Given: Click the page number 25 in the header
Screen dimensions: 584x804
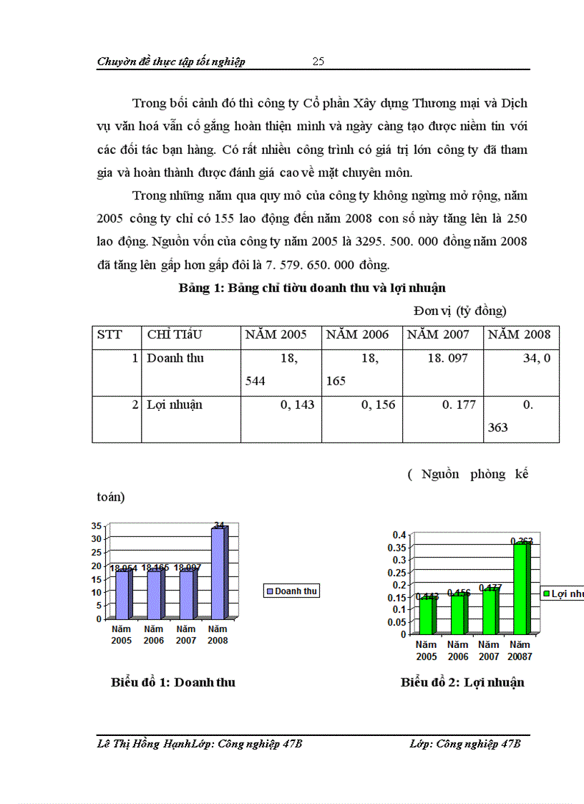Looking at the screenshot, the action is click(318, 62).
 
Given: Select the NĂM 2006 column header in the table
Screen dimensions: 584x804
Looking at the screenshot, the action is click(357, 334).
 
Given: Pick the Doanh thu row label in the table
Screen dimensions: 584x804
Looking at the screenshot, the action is click(175, 358).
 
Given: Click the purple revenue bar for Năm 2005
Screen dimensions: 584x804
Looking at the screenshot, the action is click(122, 594).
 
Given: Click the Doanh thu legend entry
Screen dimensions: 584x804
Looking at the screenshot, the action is click(291, 591).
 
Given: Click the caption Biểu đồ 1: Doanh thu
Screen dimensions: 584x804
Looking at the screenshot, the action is click(173, 682).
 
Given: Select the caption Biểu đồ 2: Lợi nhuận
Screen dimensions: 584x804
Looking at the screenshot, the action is click(462, 682).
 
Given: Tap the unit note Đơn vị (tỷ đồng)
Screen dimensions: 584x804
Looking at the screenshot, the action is click(459, 311).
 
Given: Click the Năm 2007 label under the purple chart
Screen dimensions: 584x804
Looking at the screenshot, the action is click(185, 635).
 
